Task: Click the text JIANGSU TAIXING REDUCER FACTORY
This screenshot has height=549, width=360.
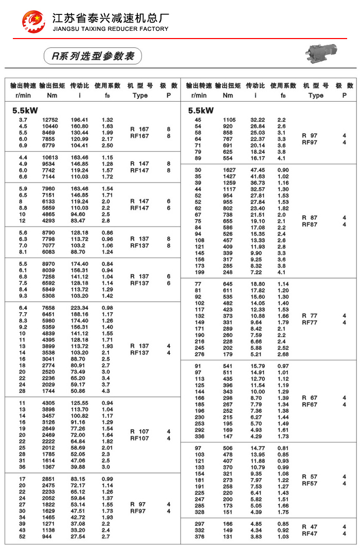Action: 111,29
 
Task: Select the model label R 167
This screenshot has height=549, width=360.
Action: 139,129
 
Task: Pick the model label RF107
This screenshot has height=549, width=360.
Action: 139,438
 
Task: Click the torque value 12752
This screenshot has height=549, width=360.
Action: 50,120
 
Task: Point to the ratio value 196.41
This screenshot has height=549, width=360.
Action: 79,120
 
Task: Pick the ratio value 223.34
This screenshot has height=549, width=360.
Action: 79,308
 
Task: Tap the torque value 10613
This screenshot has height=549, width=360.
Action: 50,157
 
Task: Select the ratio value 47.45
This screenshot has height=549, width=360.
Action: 258,170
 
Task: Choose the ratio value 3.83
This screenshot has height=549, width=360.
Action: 258,537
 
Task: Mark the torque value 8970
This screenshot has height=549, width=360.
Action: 50,264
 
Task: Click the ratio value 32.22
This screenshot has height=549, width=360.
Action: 258,120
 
